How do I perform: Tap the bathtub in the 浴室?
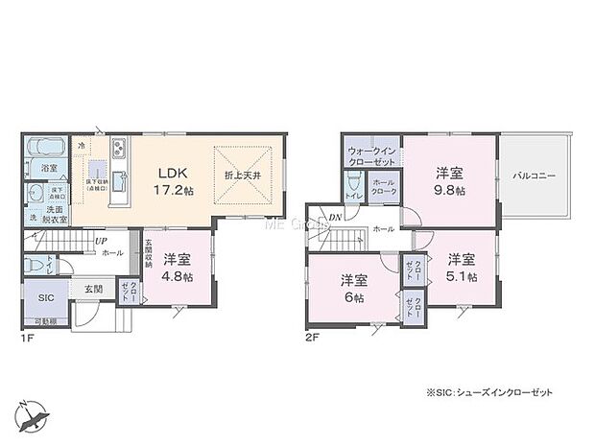(x=45, y=149)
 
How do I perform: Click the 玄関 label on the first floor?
(x=92, y=288)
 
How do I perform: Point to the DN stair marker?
(x=336, y=218)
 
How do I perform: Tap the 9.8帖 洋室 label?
(x=449, y=181)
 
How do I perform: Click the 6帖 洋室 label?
(x=353, y=287)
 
